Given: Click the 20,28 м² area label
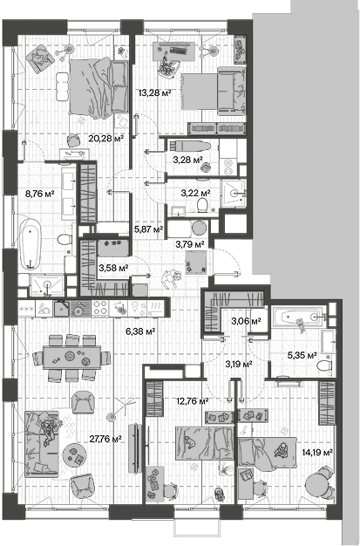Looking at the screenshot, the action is click(x=106, y=139).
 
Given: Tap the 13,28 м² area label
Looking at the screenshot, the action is click(x=154, y=92).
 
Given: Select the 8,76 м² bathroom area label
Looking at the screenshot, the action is click(x=40, y=194).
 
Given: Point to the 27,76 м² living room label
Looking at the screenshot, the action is click(x=105, y=439).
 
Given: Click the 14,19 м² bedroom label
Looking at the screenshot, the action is click(x=317, y=453).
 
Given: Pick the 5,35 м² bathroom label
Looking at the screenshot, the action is click(x=302, y=355).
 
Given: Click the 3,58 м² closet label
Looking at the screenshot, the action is click(x=113, y=268).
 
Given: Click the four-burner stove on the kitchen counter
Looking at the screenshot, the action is click(x=100, y=308).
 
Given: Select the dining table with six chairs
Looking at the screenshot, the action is click(x=72, y=358).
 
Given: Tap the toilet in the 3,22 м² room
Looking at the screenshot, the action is click(x=202, y=205).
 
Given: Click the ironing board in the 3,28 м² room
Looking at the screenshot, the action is click(x=190, y=145).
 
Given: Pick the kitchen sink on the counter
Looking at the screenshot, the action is click(x=63, y=308).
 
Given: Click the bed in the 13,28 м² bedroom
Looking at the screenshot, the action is click(x=214, y=91).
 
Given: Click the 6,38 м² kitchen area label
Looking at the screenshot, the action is click(x=140, y=331).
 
